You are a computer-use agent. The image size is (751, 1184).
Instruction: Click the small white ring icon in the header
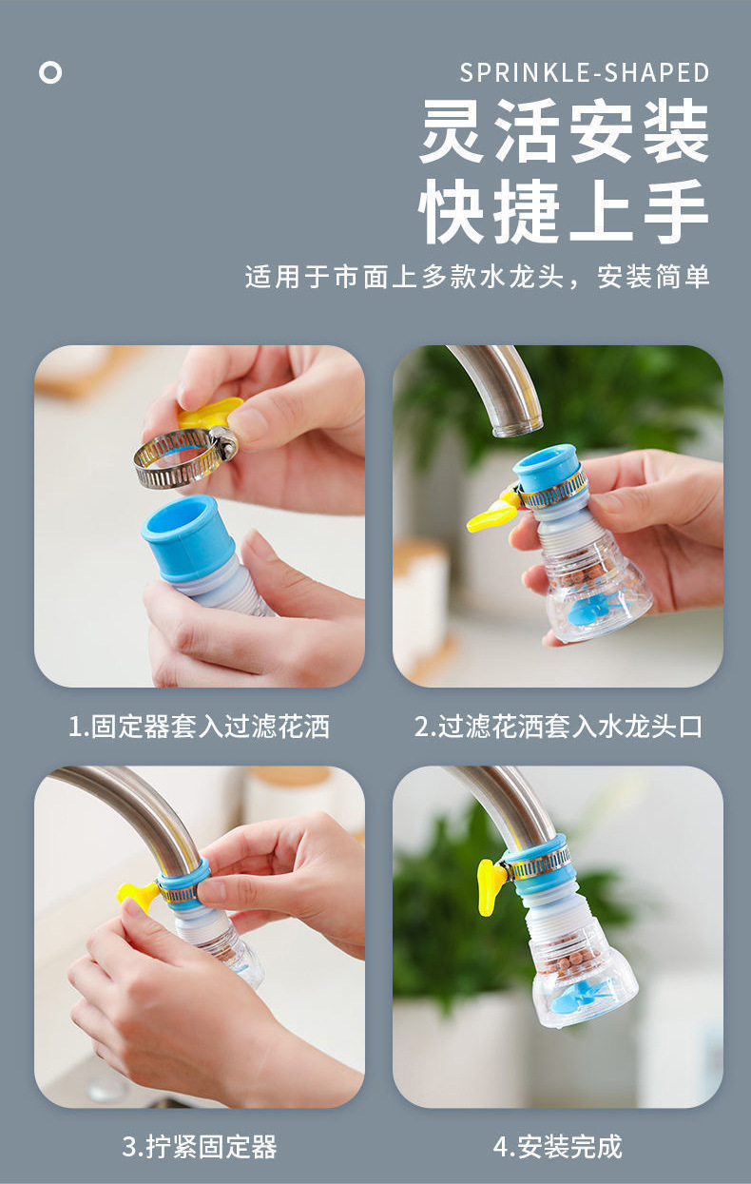point(50,73)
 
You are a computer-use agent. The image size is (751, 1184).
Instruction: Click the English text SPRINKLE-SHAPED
point(584,73)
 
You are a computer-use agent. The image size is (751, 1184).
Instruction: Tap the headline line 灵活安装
point(565,130)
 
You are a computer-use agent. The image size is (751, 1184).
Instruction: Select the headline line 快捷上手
point(564,210)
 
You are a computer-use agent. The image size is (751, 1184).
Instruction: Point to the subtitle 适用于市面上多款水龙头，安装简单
point(476,277)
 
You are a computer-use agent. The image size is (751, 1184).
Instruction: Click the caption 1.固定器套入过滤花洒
point(200,727)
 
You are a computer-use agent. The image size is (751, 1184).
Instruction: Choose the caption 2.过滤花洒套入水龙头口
point(558,727)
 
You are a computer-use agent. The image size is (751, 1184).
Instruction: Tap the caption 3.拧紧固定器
point(200,1147)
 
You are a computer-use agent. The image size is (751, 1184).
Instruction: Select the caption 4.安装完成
point(558,1147)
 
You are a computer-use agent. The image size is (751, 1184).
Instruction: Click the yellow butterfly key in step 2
point(490,513)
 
